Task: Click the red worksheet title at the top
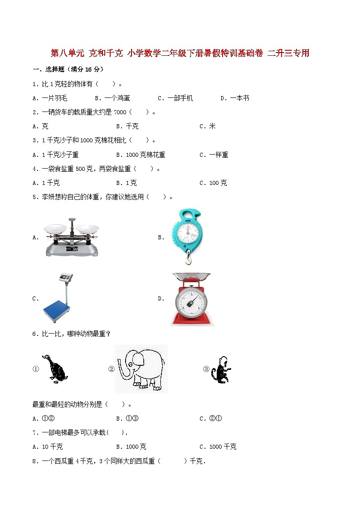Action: [180, 53]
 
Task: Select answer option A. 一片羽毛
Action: [50, 98]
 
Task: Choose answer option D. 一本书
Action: [235, 98]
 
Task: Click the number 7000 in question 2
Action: [120, 112]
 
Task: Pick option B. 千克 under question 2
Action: [127, 126]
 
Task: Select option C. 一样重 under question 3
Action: [214, 155]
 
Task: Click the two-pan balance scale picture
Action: [72, 237]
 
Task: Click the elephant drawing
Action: [141, 368]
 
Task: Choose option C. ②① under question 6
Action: [211, 418]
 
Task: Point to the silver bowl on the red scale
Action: [192, 277]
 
